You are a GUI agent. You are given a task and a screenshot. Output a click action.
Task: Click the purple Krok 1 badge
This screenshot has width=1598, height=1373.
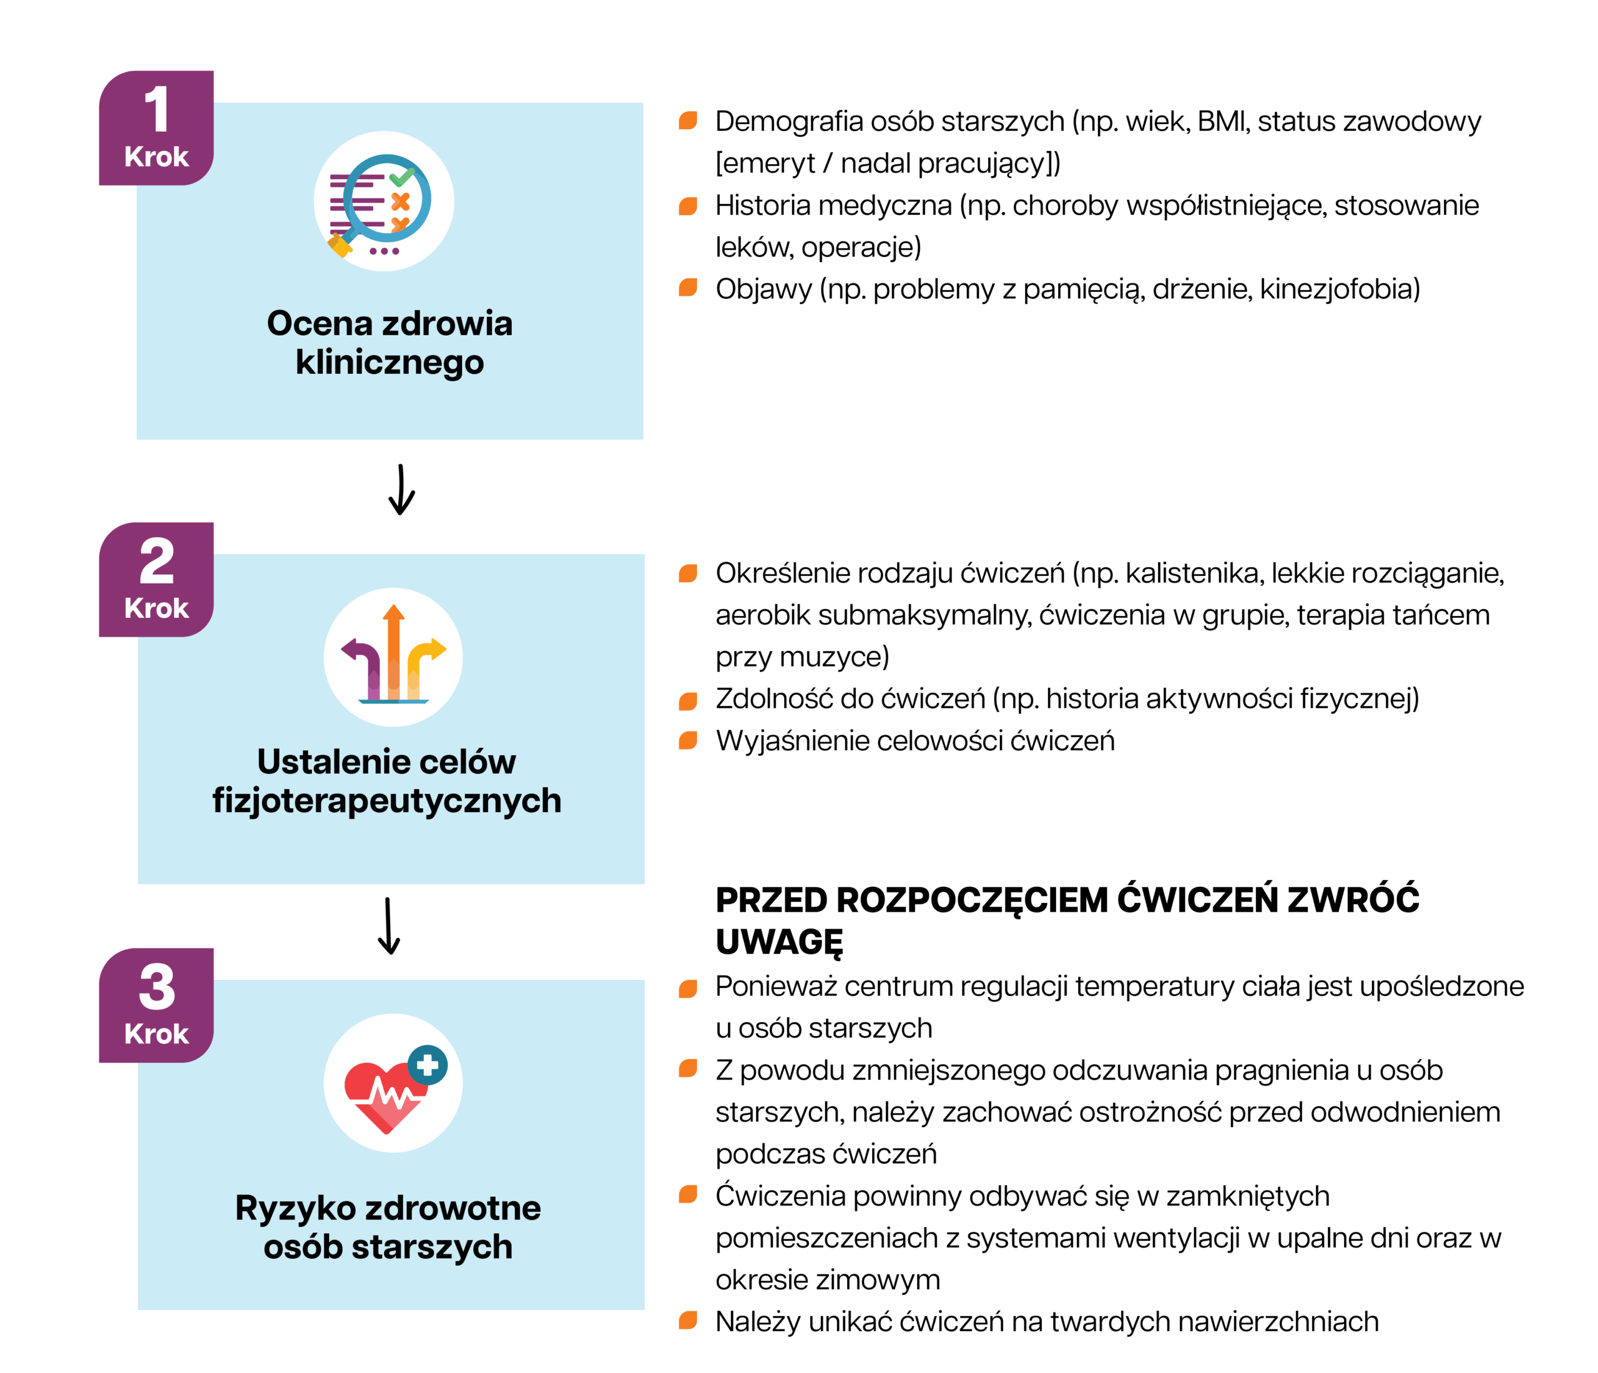(156, 128)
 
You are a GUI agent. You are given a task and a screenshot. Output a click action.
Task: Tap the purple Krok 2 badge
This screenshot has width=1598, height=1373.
(156, 579)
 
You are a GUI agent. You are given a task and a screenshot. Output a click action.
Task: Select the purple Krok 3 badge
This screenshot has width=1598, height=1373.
(156, 1005)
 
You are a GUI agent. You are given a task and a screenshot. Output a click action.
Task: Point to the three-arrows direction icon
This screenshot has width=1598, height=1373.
(393, 657)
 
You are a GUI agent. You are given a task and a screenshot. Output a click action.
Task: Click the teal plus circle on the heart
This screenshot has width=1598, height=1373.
(427, 1065)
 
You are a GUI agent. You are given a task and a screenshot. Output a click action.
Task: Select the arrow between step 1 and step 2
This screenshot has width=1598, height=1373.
(401, 489)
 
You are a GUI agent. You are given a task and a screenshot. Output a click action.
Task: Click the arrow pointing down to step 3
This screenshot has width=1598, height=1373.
(389, 926)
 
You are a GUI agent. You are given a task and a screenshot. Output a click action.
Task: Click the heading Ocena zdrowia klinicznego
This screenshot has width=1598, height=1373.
(390, 342)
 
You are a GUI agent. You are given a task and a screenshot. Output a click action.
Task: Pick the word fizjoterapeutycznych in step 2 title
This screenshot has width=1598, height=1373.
(387, 801)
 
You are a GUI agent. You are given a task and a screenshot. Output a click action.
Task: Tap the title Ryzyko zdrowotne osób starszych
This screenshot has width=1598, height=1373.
(388, 1226)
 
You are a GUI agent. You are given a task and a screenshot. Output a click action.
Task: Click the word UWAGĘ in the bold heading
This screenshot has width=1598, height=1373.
(779, 942)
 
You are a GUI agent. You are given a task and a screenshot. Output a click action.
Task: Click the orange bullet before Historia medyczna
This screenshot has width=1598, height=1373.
(688, 206)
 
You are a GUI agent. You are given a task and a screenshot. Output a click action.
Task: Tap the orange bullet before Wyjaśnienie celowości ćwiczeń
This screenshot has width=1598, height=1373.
(688, 741)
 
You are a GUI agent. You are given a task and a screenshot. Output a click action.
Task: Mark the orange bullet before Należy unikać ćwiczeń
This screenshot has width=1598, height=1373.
(688, 1321)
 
